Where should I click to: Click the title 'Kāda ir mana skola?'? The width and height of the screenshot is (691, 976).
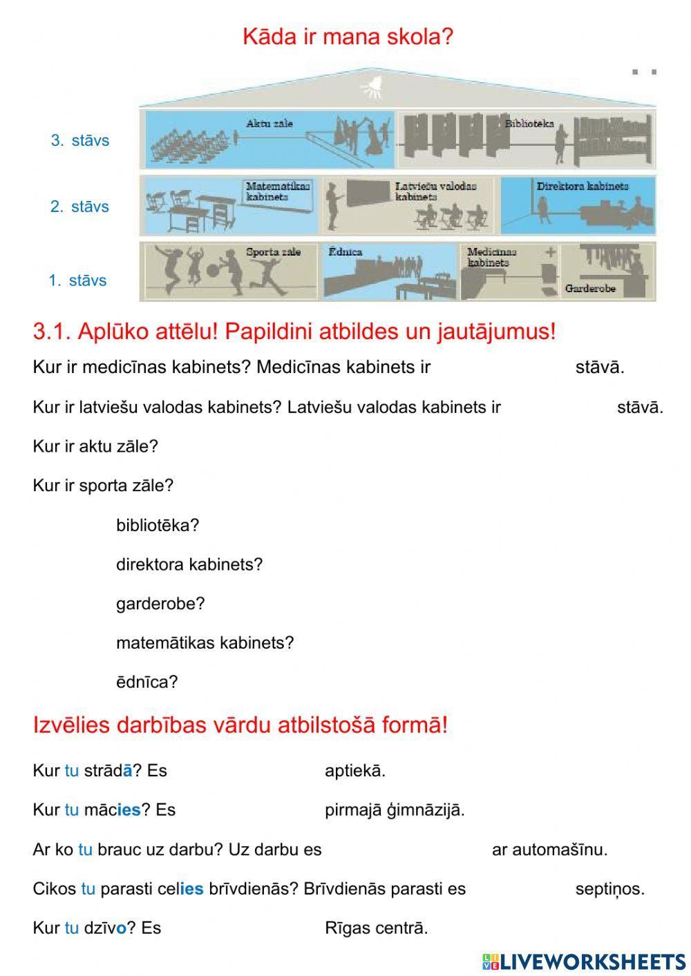[348, 37]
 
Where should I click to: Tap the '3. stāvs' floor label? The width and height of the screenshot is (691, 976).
[80, 140]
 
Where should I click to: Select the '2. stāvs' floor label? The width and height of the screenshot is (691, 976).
[79, 207]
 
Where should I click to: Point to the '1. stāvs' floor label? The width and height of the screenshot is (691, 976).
[77, 280]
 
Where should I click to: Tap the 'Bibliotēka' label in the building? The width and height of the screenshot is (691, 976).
[529, 124]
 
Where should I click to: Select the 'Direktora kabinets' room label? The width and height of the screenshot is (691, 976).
[583, 186]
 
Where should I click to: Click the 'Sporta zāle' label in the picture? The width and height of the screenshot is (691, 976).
[274, 252]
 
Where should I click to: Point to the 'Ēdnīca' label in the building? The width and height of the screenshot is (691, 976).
[345, 252]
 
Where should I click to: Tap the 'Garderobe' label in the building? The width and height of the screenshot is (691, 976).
[590, 288]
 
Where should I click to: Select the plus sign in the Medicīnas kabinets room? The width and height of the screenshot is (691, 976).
[551, 253]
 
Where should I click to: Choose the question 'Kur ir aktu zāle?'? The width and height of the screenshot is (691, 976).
[95, 446]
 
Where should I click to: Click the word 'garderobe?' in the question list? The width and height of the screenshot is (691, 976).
[160, 604]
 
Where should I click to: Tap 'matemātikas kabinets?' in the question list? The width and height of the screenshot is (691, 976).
[205, 643]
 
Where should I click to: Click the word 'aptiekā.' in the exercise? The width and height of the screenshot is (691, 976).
[355, 771]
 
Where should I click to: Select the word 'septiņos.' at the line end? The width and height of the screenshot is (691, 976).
[609, 889]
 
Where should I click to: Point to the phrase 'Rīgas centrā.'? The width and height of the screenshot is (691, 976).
[377, 928]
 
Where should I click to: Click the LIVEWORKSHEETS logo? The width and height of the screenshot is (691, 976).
[584, 961]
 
